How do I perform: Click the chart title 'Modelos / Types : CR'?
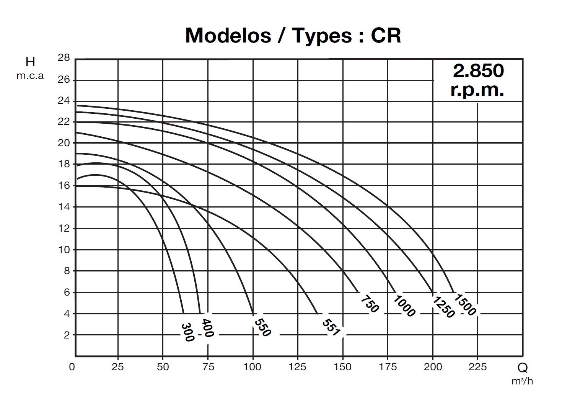click(x=293, y=35)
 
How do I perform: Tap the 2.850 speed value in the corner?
click(x=478, y=70)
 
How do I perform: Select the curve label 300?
click(x=187, y=332)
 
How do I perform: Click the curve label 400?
click(x=207, y=328)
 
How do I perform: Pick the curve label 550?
click(x=262, y=327)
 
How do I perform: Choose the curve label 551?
click(x=331, y=327)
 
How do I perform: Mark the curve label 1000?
click(x=404, y=306)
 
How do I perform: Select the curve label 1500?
click(x=465, y=304)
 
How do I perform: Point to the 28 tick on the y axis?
click(x=64, y=58)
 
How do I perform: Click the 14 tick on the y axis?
click(x=64, y=207)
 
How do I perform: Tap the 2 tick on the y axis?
click(x=67, y=335)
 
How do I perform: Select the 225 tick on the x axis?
click(x=477, y=367)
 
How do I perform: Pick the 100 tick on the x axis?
click(x=252, y=367)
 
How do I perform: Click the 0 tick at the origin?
click(x=72, y=367)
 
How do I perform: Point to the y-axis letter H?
click(x=30, y=62)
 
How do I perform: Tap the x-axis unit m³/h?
click(x=522, y=381)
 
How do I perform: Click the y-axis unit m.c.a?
click(x=30, y=76)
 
